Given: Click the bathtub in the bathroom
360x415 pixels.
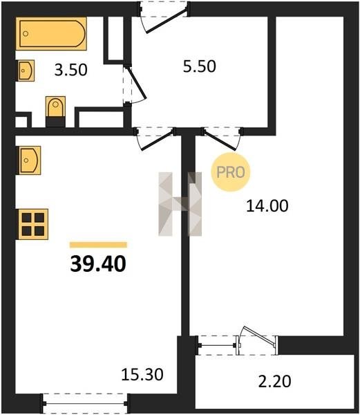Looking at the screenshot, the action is coord(51,34).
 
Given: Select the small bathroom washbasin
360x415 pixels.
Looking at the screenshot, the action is coord(26,71).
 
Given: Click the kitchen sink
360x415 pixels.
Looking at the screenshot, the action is coord(29,160).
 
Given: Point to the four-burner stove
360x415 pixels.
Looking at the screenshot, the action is coord(33,224).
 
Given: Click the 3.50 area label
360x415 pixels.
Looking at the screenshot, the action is coord(71,71).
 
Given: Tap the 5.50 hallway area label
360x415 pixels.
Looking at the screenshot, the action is coord(200,66).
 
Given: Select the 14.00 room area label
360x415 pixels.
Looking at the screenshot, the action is coord(267,206).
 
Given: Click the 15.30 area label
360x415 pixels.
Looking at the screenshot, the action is coord(142,375).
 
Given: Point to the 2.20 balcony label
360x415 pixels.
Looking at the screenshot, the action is coord(274,381).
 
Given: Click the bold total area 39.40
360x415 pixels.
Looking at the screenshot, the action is coord(98,264).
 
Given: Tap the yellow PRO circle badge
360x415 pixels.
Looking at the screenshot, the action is coord(231,172).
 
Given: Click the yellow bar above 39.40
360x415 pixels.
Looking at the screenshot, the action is coord(98,245).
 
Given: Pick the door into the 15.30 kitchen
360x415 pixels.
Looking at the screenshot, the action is coord(156,140).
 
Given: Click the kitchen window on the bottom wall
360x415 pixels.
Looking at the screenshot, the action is coord(85,404).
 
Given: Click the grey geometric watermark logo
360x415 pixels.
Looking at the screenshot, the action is coord(180,204).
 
